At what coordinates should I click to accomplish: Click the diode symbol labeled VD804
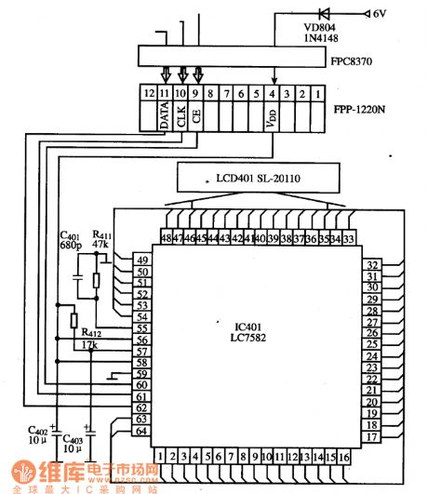click(x=325, y=14)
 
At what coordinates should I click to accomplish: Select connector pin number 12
click(x=148, y=94)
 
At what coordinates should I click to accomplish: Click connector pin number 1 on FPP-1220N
click(x=319, y=94)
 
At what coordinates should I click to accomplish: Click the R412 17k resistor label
click(x=92, y=338)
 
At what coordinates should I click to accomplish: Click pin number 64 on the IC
click(x=142, y=431)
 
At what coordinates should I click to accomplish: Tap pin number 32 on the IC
click(x=371, y=265)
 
